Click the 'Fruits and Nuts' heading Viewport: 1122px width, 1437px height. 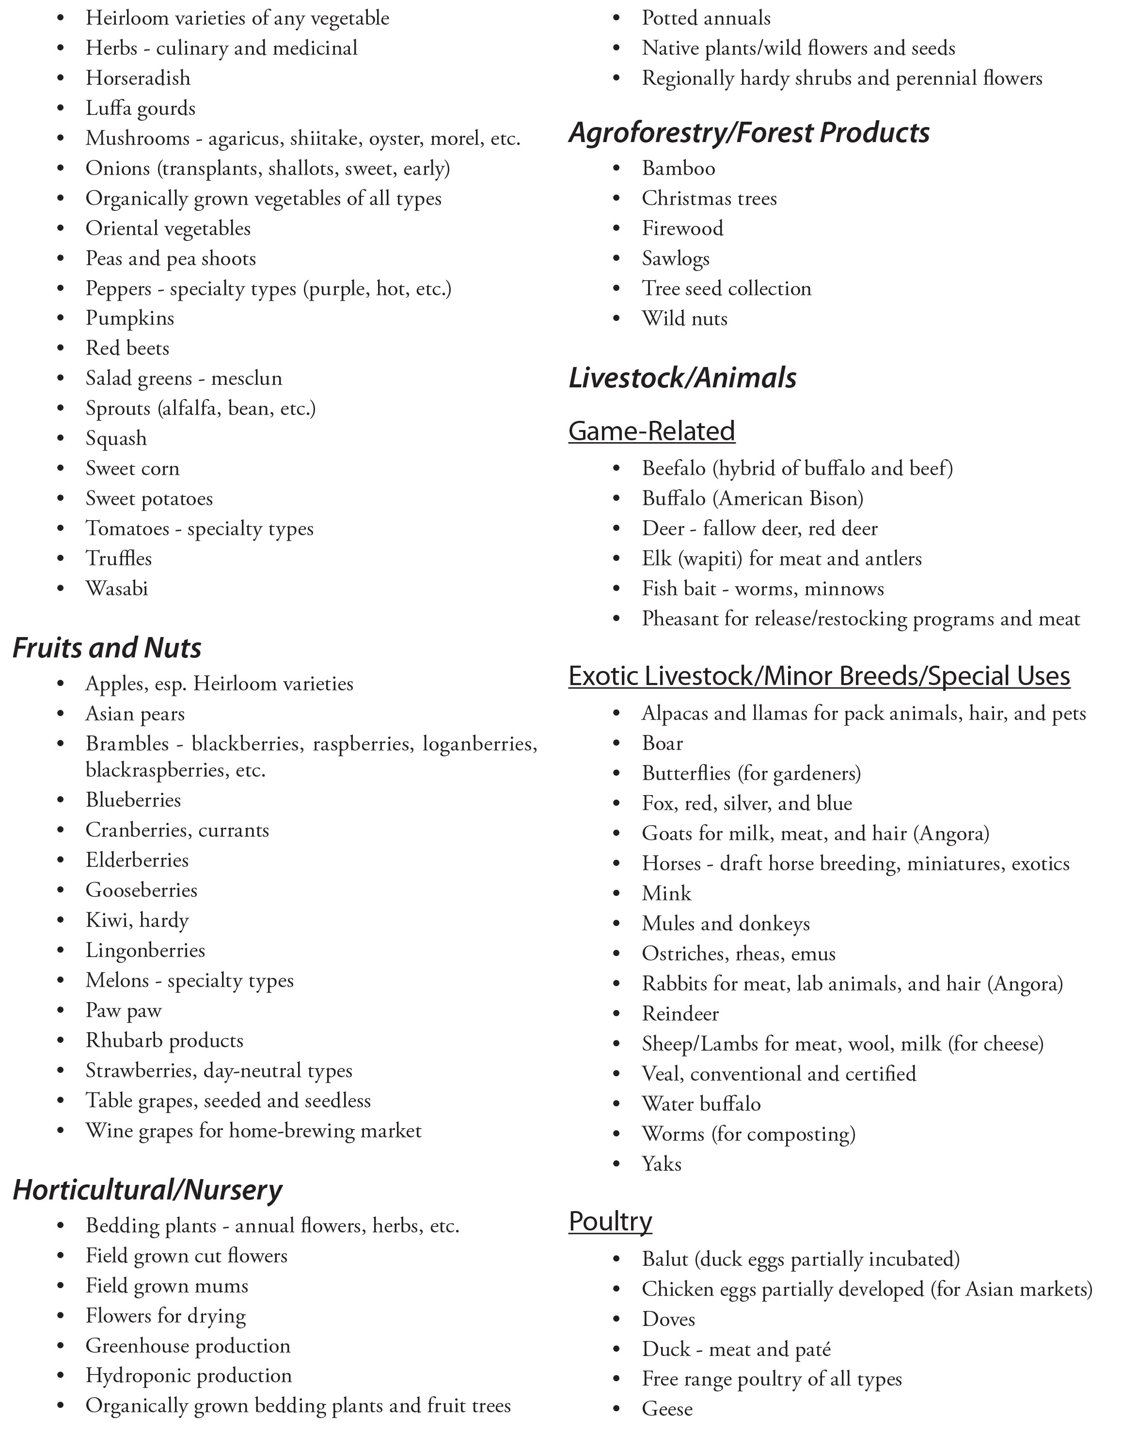pyautogui.click(x=107, y=648)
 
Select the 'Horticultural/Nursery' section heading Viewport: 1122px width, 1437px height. pyautogui.click(x=147, y=1190)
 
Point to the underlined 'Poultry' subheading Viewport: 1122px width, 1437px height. pyautogui.click(x=610, y=1221)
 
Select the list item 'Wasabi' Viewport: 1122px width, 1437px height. pyautogui.click(x=116, y=588)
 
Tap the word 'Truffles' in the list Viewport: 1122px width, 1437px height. pyautogui.click(x=118, y=559)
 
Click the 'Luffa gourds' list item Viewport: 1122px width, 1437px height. pyautogui.click(x=140, y=109)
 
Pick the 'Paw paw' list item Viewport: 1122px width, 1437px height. pyautogui.click(x=123, y=1011)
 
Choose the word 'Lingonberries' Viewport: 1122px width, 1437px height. pyautogui.click(x=145, y=951)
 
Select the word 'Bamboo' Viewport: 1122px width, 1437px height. pyautogui.click(x=678, y=168)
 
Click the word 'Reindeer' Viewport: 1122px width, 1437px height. pyautogui.click(x=680, y=1014)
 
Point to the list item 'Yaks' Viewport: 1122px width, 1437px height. pyautogui.click(x=661, y=1164)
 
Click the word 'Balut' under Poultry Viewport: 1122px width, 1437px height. pyautogui.click(x=664, y=1260)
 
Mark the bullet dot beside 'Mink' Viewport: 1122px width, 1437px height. pyautogui.click(x=616, y=894)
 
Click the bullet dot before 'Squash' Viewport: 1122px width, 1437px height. pyautogui.click(x=61, y=439)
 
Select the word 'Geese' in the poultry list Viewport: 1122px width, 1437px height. pyautogui.click(x=667, y=1409)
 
